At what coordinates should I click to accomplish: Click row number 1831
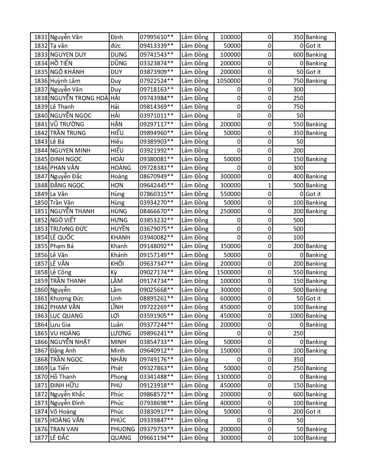coord(41,37)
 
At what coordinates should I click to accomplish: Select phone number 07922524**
coord(157,81)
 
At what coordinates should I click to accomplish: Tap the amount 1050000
coord(229,81)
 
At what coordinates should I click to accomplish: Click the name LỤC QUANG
coord(66,316)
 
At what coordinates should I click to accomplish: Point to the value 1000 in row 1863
coord(296,316)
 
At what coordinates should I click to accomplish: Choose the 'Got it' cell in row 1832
coord(313,46)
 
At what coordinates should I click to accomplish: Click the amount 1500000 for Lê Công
coord(229,272)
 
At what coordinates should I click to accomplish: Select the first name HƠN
coord(117,185)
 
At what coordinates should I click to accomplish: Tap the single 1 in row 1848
coord(269,185)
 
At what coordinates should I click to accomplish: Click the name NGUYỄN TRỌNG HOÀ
coord(79,98)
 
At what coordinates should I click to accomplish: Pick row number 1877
coord(41,438)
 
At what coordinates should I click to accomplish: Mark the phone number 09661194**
coord(157,438)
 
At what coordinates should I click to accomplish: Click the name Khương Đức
coord(67,299)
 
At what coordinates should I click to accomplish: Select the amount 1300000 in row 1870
coord(229,377)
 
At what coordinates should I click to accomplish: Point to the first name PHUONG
coord(123,429)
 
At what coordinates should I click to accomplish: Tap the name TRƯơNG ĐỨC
coord(69,229)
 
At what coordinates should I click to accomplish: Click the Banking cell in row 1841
coord(316,124)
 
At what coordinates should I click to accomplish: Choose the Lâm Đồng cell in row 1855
coord(195,246)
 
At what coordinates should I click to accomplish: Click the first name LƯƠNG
coord(121,333)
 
